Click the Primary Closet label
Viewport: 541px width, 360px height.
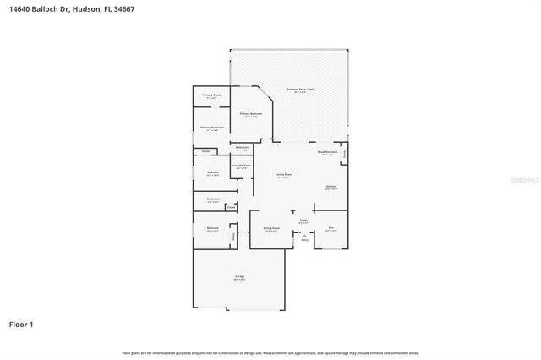point(211,95)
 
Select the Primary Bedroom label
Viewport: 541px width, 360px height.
point(251,113)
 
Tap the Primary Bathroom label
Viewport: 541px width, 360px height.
point(211,128)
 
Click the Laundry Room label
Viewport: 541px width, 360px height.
point(242,166)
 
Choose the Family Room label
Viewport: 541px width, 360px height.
point(283,175)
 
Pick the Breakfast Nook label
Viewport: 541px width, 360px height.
point(328,153)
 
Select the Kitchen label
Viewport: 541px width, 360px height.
point(331,187)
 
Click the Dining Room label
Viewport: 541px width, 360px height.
point(270,228)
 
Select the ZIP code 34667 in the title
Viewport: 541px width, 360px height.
point(123,8)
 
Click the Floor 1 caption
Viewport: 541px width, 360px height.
point(21,324)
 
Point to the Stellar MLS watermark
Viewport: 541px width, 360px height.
point(526,180)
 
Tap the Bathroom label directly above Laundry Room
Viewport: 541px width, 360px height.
point(242,148)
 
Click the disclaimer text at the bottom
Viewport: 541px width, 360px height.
point(270,352)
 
